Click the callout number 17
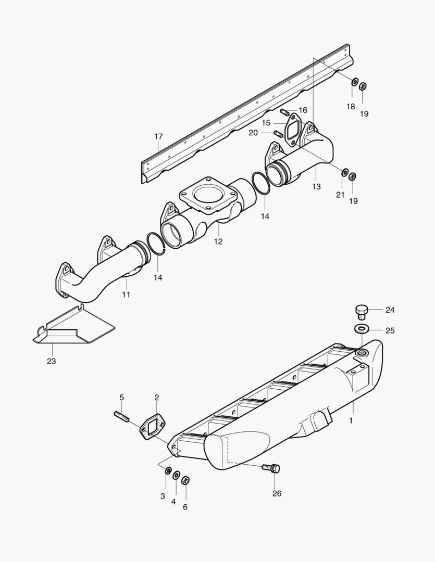click(158, 137)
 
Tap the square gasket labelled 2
click(152, 428)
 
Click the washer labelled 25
click(361, 329)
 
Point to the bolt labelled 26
click(272, 468)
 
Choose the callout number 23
click(51, 361)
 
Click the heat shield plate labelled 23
click(78, 330)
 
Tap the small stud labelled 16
click(284, 112)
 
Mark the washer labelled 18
click(354, 82)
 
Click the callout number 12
click(218, 241)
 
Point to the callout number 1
click(351, 420)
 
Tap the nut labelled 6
click(185, 479)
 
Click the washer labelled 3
click(168, 471)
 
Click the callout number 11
click(126, 294)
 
